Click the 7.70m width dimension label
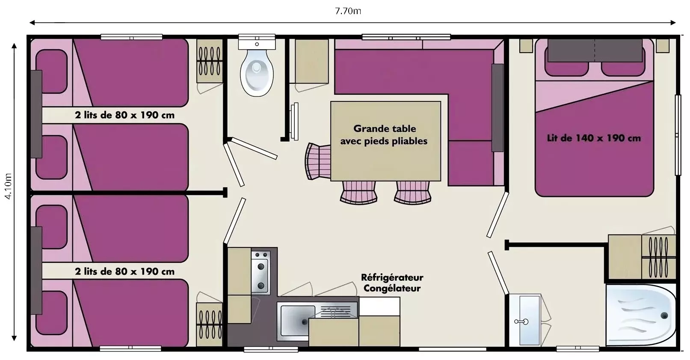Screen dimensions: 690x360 pyautogui.click(x=348, y=11)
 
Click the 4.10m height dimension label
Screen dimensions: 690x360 pyautogui.click(x=8, y=186)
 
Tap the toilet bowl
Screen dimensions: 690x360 pyautogui.click(x=257, y=73)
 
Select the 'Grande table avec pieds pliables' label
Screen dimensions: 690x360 pyautogui.click(x=384, y=135)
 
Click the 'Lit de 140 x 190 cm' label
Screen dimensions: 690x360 pyautogui.click(x=594, y=138)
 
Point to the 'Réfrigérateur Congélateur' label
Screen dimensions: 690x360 pyautogui.click(x=392, y=283)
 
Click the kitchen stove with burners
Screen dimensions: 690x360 pyautogui.click(x=261, y=272)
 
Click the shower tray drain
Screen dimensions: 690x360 pyautogui.click(x=664, y=315)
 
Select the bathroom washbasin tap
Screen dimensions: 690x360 pyautogui.click(x=521, y=322)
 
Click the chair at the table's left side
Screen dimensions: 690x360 pyautogui.click(x=318, y=161)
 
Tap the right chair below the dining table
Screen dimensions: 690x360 pyautogui.click(x=412, y=192)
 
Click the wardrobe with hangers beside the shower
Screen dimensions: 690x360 pyautogui.click(x=659, y=257)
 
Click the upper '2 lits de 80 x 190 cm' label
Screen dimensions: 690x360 pyautogui.click(x=125, y=115)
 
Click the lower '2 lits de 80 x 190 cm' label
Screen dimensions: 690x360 pyautogui.click(x=125, y=271)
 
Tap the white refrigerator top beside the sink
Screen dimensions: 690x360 pyautogui.click(x=379, y=306)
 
